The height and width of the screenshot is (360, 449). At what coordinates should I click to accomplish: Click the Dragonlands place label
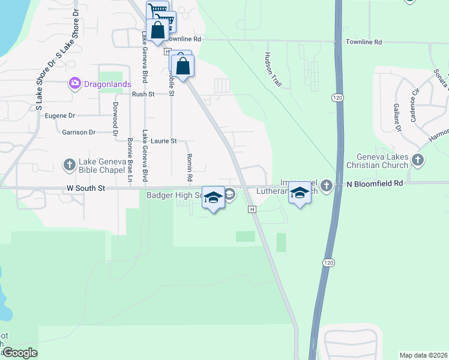(x=107, y=84)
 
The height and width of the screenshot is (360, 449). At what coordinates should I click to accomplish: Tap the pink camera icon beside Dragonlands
(x=75, y=83)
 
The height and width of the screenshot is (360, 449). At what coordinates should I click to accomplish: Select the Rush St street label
(x=143, y=94)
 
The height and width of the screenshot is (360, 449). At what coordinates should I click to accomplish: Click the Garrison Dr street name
(x=79, y=132)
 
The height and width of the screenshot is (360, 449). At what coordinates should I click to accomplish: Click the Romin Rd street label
(x=189, y=167)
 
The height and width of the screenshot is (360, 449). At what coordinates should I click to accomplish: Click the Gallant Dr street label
(x=397, y=117)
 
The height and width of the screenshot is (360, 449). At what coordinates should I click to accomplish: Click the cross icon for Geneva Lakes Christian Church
(x=418, y=160)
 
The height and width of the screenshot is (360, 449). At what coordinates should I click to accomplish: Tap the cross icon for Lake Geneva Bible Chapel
(x=69, y=164)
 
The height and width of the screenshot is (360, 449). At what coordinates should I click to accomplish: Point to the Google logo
(x=20, y=353)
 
